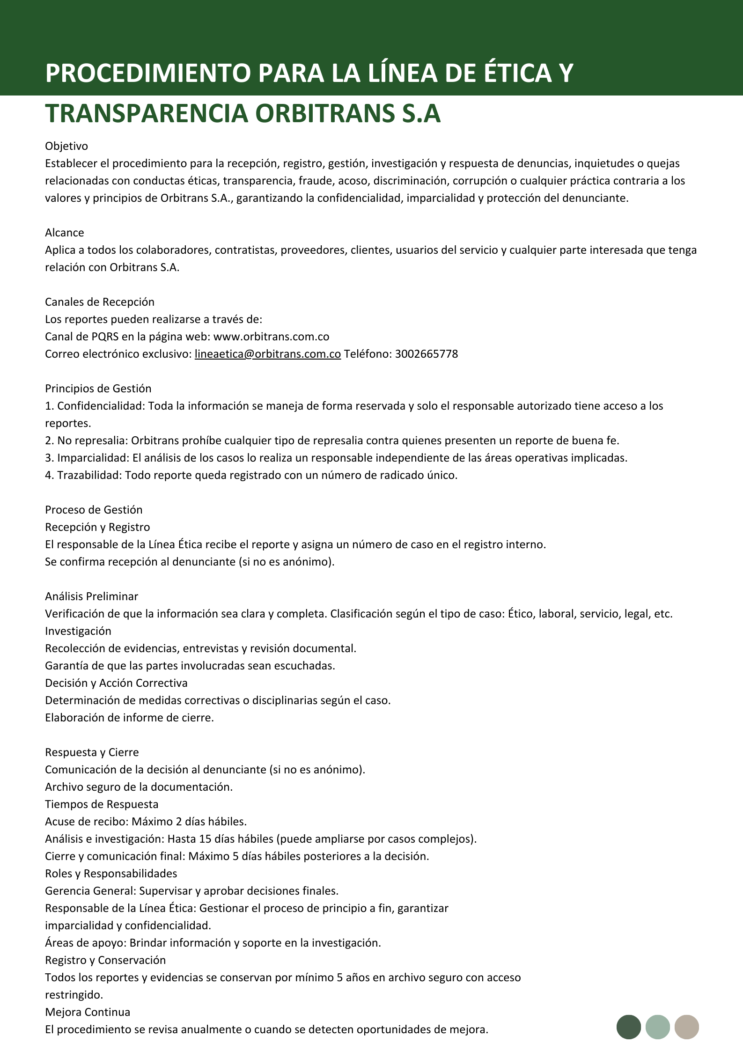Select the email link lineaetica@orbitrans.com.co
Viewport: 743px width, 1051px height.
pos(267,354)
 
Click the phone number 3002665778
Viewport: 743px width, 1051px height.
pos(426,354)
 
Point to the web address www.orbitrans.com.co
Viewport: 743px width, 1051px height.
pos(271,337)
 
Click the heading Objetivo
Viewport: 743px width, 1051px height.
pos(66,146)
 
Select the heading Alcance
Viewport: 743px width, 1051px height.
pos(65,233)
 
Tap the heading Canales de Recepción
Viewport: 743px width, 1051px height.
pos(100,302)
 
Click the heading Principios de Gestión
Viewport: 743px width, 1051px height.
pos(98,389)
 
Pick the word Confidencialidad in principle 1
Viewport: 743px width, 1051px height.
pos(101,406)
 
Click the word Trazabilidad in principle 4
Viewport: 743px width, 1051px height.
pos(89,475)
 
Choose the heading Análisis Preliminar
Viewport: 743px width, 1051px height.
pos(92,596)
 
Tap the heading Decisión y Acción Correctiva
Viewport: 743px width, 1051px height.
pos(116,683)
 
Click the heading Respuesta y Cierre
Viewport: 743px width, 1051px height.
pos(92,752)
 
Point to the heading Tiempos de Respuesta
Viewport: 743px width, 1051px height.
pos(102,804)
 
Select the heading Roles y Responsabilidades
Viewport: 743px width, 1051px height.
pos(111,874)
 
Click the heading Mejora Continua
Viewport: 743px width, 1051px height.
pos(88,1012)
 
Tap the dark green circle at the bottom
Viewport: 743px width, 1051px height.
pos(629,1027)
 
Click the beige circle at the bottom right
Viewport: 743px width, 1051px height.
pos(687,1027)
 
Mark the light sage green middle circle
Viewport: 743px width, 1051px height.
pos(658,1027)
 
